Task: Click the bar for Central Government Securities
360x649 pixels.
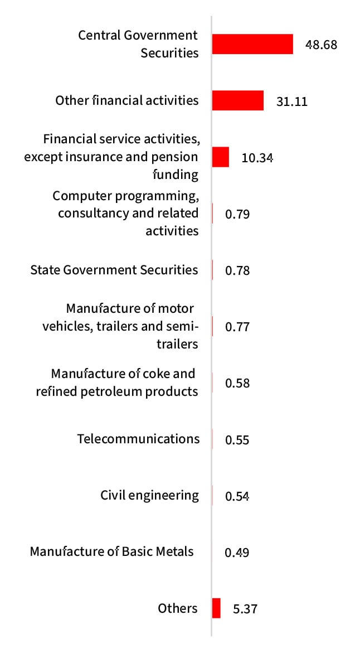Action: (x=252, y=45)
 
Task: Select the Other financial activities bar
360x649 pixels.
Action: (x=237, y=101)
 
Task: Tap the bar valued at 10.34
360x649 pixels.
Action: (x=221, y=157)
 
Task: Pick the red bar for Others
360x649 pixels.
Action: (x=216, y=608)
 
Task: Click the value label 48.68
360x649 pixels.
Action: (x=321, y=45)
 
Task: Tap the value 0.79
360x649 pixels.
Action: (x=237, y=214)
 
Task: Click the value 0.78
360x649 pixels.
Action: (x=237, y=270)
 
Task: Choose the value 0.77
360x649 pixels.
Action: (x=237, y=327)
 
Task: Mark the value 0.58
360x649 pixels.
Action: (x=237, y=383)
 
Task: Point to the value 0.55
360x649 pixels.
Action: (x=237, y=439)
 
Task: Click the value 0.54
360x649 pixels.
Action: (x=237, y=496)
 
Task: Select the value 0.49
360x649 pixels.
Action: (x=237, y=553)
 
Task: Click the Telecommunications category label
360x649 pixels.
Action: (x=138, y=439)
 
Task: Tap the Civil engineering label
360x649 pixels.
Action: (x=149, y=495)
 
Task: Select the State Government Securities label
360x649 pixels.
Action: (x=114, y=270)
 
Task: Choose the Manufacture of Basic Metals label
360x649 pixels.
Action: (x=112, y=551)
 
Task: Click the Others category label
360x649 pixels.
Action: (x=178, y=608)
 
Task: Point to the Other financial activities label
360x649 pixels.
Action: (x=127, y=100)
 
